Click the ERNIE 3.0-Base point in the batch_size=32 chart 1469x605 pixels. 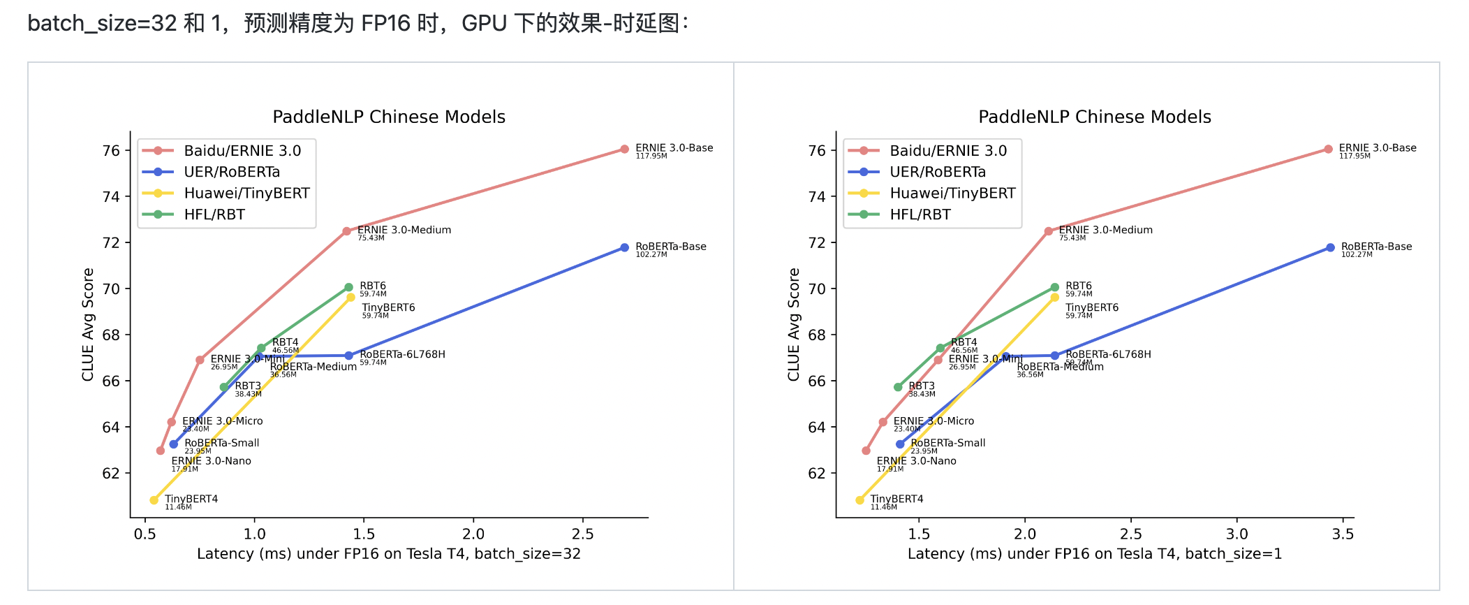pos(624,150)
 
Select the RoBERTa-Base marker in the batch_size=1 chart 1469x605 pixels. pos(1330,248)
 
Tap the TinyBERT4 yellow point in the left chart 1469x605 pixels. pos(154,500)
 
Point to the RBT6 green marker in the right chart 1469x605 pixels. pos(1054,287)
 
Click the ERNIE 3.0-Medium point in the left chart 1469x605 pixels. pos(346,231)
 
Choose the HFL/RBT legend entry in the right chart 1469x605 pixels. pos(920,214)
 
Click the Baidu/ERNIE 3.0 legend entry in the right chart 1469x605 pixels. pos(947,151)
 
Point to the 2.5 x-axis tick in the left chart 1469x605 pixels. pos(583,534)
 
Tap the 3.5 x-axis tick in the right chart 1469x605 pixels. pos(1343,534)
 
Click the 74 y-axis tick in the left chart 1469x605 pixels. pos(111,197)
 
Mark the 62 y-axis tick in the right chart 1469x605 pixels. pos(817,474)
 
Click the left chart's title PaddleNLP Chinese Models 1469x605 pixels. pos(389,117)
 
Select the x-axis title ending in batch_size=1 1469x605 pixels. pos(1094,554)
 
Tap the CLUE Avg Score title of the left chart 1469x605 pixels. pos(88,325)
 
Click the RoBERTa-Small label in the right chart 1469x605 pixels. pos(947,443)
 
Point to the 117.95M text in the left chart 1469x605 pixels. pos(651,156)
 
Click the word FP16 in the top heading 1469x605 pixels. pos(385,23)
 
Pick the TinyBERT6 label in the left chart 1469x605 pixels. pos(388,307)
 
